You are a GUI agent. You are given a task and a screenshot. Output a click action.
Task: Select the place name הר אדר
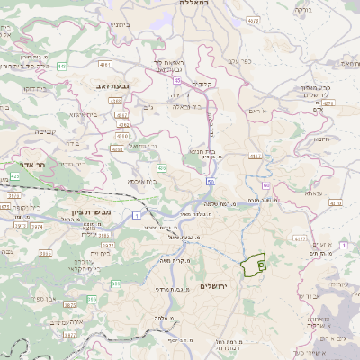(30, 166)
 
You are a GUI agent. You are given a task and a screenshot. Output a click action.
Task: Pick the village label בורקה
(302, 11)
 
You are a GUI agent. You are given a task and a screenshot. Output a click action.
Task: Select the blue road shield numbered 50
(210, 181)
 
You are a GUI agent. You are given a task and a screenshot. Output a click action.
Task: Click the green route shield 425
(14, 176)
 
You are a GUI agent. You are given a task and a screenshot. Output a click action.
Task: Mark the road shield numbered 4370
(336, 203)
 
